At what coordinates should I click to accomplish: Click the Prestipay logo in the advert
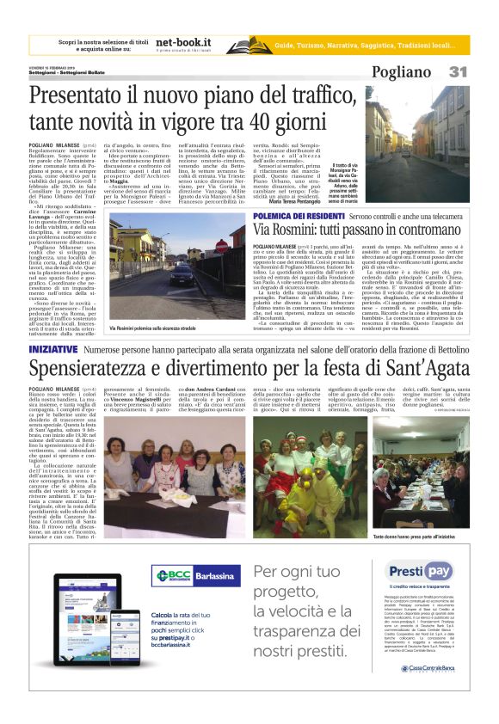419,572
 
